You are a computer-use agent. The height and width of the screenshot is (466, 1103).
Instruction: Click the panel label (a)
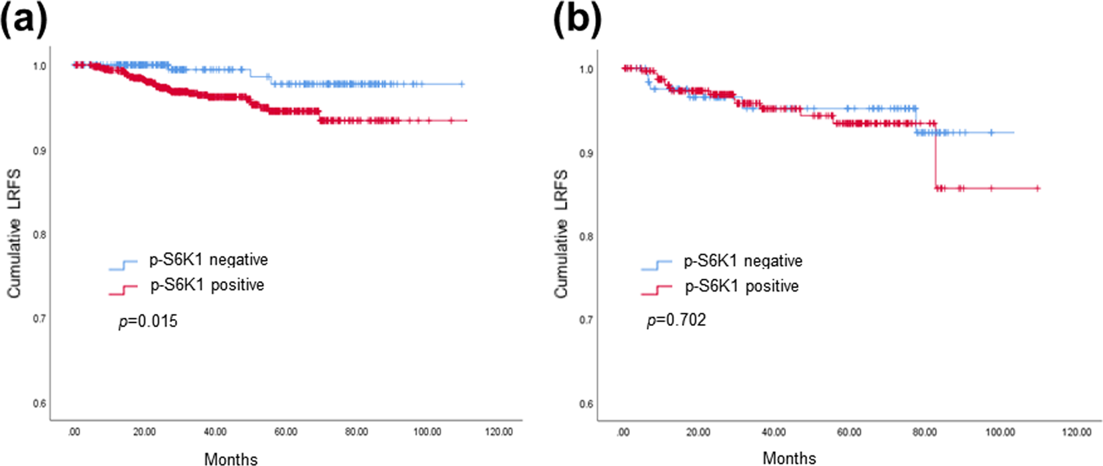[x=24, y=20]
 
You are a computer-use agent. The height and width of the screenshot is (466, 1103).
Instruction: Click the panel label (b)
[x=577, y=20]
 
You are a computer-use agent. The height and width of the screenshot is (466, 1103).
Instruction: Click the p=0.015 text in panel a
[x=148, y=321]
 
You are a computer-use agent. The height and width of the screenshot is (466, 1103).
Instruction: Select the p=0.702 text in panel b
[x=676, y=320]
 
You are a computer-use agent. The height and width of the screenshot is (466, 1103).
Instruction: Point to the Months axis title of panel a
[x=231, y=459]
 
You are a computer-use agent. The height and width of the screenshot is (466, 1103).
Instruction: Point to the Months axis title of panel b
[x=789, y=458]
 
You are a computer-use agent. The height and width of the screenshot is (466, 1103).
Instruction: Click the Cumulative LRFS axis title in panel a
[x=14, y=233]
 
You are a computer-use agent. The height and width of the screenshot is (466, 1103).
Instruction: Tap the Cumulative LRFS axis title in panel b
[x=561, y=234]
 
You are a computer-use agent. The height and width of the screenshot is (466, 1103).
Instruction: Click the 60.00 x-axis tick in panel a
[x=285, y=432]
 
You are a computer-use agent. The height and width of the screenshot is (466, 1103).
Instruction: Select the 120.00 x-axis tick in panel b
[x=1076, y=432]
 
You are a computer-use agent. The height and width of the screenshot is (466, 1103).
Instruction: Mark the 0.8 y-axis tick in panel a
[x=40, y=235]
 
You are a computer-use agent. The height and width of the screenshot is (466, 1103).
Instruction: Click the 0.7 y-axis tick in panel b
[x=586, y=320]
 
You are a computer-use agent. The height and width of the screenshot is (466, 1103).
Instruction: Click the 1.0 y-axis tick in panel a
[x=40, y=66]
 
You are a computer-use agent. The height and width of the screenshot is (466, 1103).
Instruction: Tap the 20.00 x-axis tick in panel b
[x=698, y=432]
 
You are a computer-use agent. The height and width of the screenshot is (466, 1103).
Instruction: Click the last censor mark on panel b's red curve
[x=1038, y=188]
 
